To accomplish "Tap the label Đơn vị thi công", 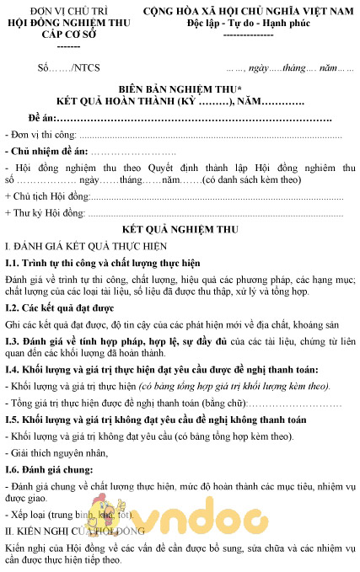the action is (x=41, y=135).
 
